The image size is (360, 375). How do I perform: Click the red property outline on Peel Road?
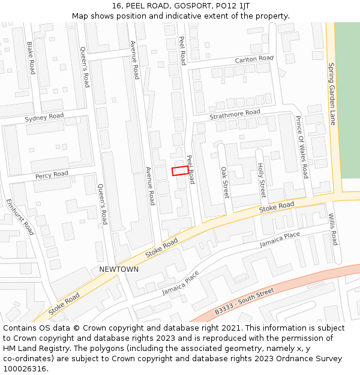click(179, 171)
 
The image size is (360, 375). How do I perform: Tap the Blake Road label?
click(31, 58)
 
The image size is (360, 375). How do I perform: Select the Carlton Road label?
click(254, 59)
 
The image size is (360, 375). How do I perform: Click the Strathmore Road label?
click(235, 113)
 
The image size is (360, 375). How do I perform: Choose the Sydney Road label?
click(44, 118)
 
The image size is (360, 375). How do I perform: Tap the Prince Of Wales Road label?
click(301, 147)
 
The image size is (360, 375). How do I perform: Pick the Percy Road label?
click(52, 175)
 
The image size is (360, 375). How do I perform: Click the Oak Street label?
click(224, 182)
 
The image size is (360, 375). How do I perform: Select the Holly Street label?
click(260, 180)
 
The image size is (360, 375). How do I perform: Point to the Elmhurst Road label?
click(20, 217)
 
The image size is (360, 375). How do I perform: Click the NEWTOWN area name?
click(119, 269)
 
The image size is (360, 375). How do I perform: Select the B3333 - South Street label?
click(244, 301)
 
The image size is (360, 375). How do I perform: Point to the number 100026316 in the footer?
click(25, 368)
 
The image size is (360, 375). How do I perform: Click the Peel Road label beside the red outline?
click(191, 169)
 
